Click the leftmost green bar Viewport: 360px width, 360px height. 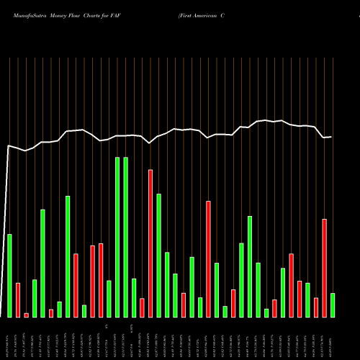pos(10,276)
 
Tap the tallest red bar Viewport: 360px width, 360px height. pos(150,243)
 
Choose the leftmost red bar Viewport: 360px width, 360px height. pos(18,300)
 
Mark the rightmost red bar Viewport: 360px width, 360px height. pos(325,268)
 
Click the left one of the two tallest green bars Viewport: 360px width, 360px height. pos(117,237)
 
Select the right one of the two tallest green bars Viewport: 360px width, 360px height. pos(126,237)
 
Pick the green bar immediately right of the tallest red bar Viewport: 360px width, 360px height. pos(159,256)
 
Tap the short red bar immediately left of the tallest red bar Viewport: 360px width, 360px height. pos(143,307)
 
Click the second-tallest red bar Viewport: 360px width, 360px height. pos(209,259)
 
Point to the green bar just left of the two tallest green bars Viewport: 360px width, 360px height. pos(109,299)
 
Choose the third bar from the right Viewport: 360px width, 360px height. pos(316,307)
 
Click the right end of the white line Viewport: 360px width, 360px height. pos(332,136)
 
